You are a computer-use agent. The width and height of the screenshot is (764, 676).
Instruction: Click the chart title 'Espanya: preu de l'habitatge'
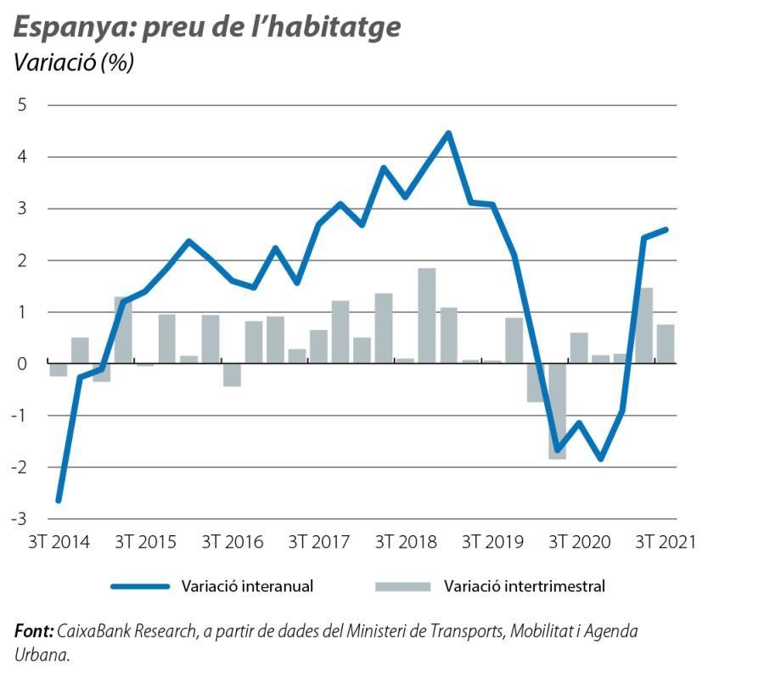click(206, 28)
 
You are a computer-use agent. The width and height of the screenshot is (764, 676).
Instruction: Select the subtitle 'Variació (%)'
click(74, 64)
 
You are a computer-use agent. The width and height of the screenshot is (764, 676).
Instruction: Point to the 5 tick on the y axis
click(23, 105)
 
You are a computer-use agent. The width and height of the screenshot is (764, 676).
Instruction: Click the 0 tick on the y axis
click(23, 364)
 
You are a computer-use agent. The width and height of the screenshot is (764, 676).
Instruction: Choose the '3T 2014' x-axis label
click(59, 542)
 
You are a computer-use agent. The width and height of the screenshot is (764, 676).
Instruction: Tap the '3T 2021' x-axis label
click(665, 542)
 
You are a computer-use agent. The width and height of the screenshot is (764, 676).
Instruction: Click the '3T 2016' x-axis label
click(232, 542)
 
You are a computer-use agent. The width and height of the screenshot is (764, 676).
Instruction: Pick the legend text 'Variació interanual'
click(247, 585)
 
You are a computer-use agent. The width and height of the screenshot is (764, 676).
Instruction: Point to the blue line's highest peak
click(448, 133)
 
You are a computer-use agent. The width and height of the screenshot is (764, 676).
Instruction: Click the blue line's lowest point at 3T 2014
click(59, 500)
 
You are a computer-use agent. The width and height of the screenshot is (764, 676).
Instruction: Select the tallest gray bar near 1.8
click(427, 316)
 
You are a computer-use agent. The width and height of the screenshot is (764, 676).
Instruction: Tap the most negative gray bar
click(557, 411)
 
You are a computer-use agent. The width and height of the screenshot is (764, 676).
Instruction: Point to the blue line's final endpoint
click(666, 229)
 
